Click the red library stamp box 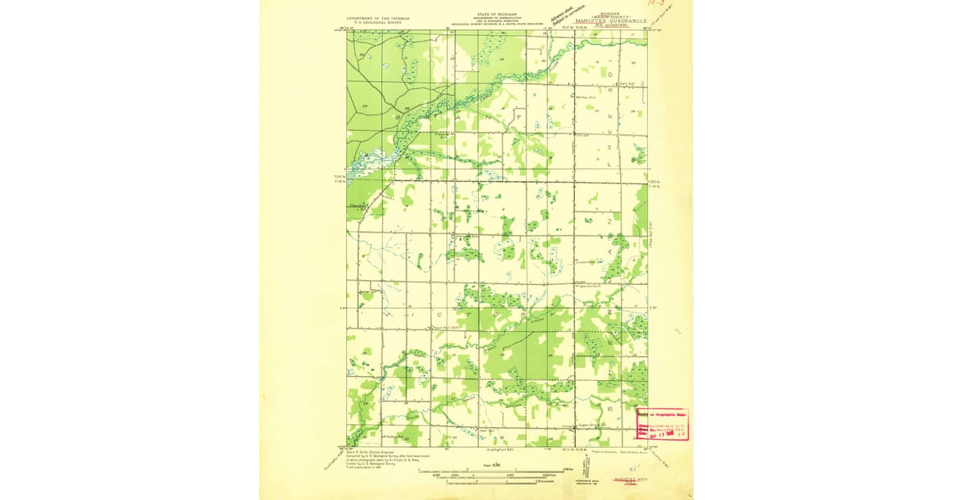point(662,423)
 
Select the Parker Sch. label point(586,97)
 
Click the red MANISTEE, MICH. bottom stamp point(631,482)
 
